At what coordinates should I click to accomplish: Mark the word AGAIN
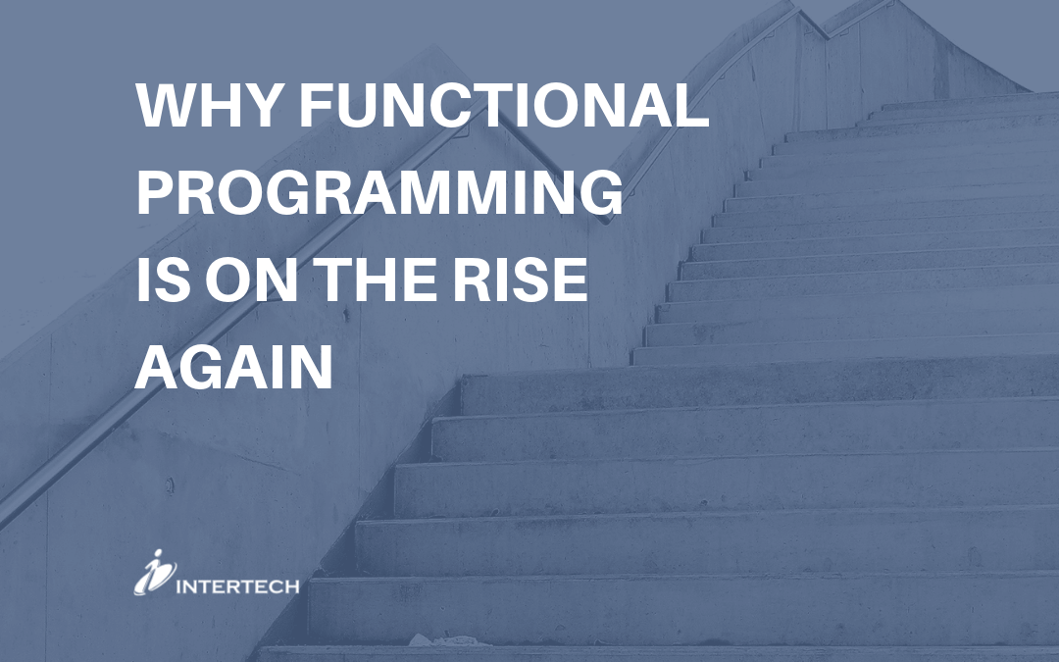[x=234, y=370]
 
